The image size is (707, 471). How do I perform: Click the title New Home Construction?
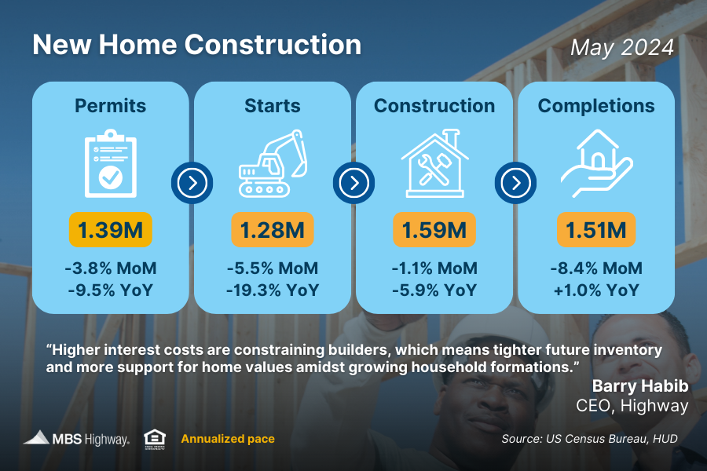pyautogui.click(x=196, y=45)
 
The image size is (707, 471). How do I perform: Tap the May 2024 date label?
pyautogui.click(x=622, y=47)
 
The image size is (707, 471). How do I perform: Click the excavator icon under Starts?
pyautogui.click(x=272, y=164)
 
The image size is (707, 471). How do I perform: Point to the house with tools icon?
pyautogui.click(x=434, y=164)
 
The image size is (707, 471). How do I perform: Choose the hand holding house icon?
pyautogui.click(x=596, y=164)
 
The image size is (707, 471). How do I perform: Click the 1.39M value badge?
pyautogui.click(x=110, y=231)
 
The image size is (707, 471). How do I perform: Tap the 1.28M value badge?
pyautogui.click(x=272, y=231)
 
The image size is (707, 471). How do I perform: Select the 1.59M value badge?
pyautogui.click(x=434, y=231)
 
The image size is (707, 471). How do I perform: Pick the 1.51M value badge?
pyautogui.click(x=596, y=231)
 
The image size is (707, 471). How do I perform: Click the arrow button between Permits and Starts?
pyautogui.click(x=192, y=184)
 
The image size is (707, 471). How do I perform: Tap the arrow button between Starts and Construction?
pyautogui.click(x=353, y=184)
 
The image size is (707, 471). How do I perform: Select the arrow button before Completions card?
pyautogui.click(x=515, y=184)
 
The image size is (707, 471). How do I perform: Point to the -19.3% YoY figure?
pyautogui.click(x=272, y=290)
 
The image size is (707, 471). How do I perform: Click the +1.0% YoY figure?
pyautogui.click(x=596, y=290)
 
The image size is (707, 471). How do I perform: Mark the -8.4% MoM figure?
pyautogui.click(x=596, y=268)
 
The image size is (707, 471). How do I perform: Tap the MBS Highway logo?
pyautogui.click(x=76, y=439)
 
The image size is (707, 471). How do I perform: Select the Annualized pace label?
pyautogui.click(x=228, y=439)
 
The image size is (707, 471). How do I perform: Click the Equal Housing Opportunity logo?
pyautogui.click(x=154, y=439)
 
